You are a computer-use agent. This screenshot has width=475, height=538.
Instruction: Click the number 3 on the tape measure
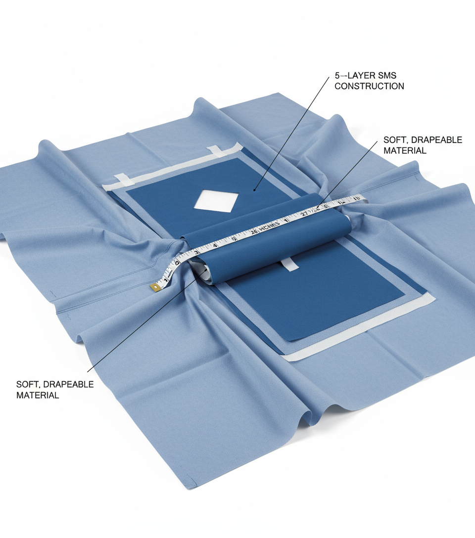point(196,252)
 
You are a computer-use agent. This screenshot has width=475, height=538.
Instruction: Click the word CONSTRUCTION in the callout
point(369,86)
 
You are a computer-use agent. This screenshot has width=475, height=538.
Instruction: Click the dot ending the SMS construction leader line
point(254,189)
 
